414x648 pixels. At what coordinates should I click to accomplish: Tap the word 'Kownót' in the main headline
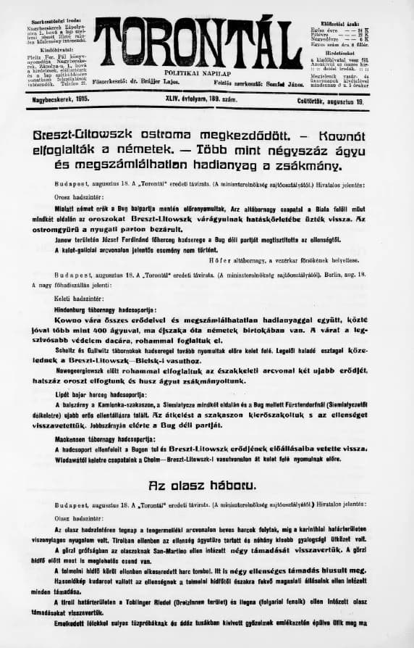(354, 136)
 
